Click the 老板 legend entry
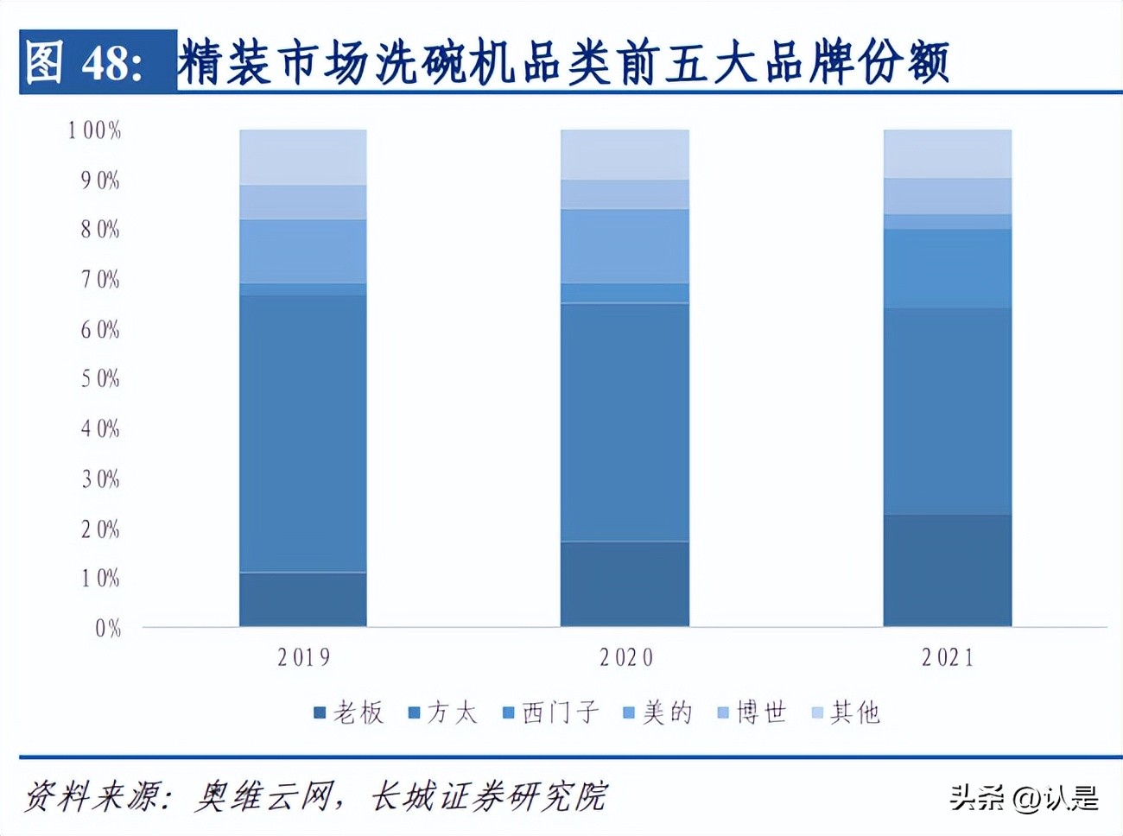(349, 712)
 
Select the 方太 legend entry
(443, 712)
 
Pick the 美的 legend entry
(658, 712)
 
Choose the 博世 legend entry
(752, 712)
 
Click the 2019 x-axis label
(303, 658)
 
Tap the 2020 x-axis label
(625, 658)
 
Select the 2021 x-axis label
(948, 658)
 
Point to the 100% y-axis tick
(95, 130)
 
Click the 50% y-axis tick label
(100, 379)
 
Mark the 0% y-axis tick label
(107, 629)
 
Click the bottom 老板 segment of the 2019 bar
(303, 599)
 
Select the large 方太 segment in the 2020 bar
(625, 421)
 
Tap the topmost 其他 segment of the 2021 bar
(948, 154)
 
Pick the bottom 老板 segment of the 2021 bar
(948, 570)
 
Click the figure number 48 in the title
(111, 63)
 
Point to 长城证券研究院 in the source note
(489, 796)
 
